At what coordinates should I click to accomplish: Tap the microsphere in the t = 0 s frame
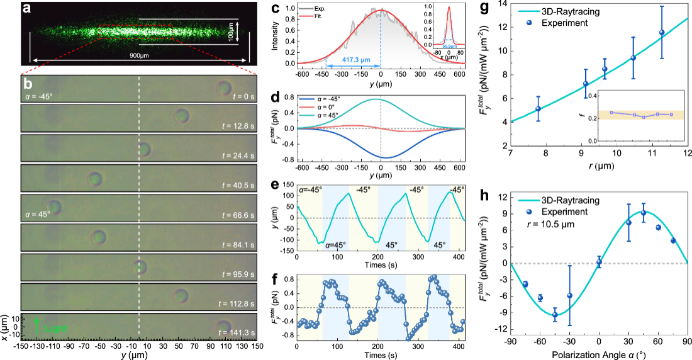[224, 87]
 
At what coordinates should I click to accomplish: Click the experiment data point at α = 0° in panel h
[599, 262]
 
